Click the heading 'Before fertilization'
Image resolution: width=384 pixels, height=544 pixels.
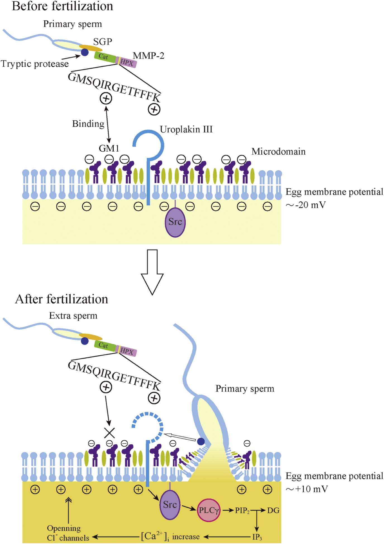point(62,6)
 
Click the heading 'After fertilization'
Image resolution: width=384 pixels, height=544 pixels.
point(61,299)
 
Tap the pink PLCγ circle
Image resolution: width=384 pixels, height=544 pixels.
point(209,510)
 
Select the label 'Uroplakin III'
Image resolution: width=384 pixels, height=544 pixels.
point(186,129)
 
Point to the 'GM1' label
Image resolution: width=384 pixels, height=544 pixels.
point(109,148)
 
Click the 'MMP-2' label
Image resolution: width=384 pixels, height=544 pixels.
point(148,56)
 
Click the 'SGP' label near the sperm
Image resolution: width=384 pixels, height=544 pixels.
point(102,42)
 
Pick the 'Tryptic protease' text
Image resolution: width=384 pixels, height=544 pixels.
point(35,64)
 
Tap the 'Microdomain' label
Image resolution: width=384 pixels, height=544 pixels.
point(278,152)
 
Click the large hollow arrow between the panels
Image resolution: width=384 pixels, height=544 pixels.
point(152,272)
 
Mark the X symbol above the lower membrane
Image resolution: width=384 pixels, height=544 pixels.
point(109,433)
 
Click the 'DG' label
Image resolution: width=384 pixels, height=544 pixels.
point(273,511)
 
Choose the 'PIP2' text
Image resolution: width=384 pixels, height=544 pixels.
point(242,511)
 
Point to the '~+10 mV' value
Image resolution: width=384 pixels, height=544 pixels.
point(306,489)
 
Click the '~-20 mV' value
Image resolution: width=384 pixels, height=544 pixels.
point(306,205)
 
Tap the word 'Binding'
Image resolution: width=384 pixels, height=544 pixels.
point(88,124)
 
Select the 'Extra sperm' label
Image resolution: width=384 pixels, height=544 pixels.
point(73,316)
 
